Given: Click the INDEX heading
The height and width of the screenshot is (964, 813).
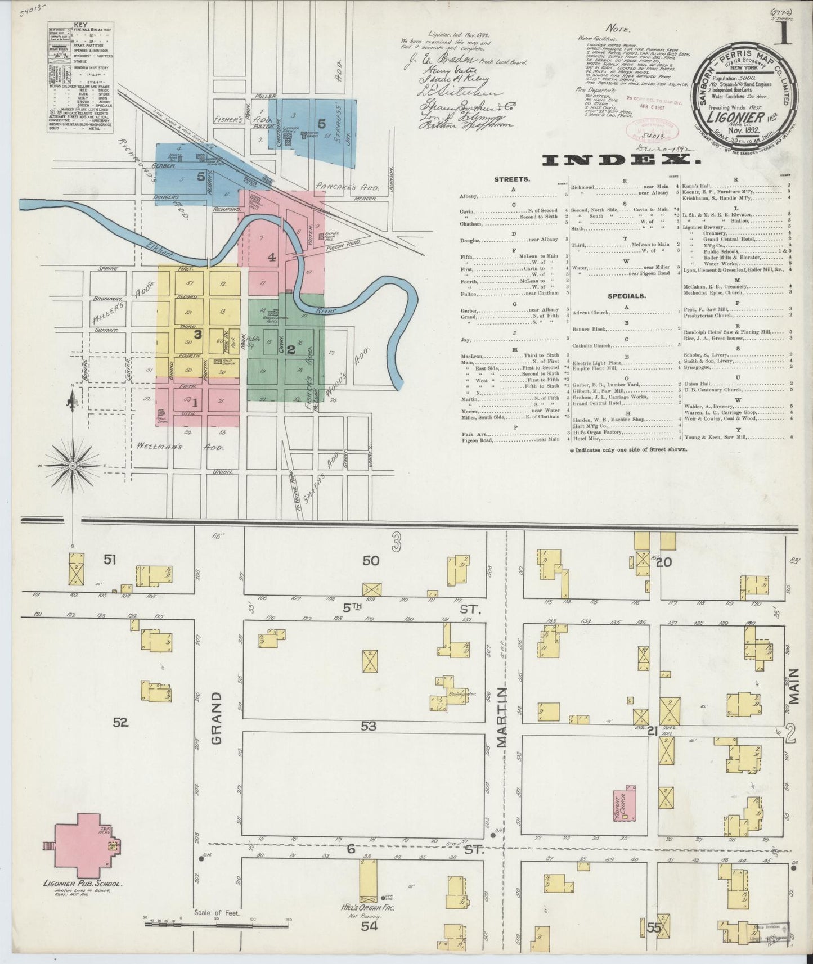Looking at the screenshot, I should pyautogui.click(x=622, y=161).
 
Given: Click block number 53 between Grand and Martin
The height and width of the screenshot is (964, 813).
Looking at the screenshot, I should pyautogui.click(x=369, y=726).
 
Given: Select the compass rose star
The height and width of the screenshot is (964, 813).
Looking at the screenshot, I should pyautogui.click(x=73, y=466).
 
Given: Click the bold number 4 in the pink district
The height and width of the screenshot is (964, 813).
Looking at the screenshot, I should pyautogui.click(x=272, y=258).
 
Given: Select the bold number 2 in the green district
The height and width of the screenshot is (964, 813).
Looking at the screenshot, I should pyautogui.click(x=291, y=349).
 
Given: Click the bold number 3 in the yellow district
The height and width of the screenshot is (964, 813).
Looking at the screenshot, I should pyautogui.click(x=197, y=334).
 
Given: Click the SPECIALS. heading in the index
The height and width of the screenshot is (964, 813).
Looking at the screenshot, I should pyautogui.click(x=626, y=295).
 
